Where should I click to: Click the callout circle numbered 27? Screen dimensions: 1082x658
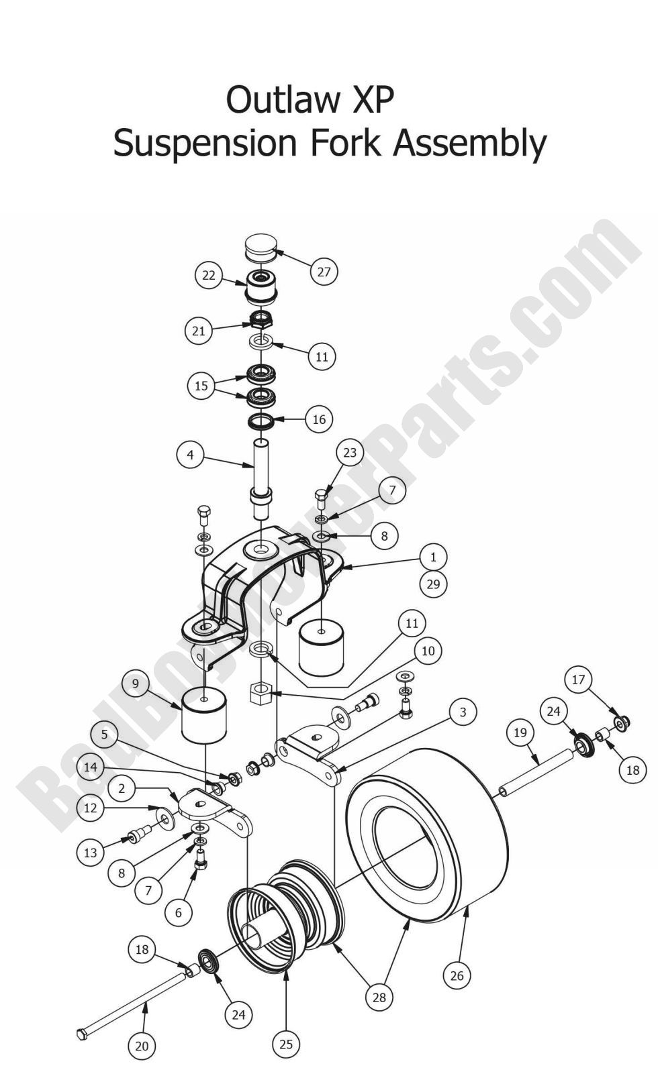tap(324, 272)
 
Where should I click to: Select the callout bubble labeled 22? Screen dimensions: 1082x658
tap(209, 275)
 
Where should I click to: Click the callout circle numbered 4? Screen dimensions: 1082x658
tap(190, 455)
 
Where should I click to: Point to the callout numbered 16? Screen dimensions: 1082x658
tap(319, 419)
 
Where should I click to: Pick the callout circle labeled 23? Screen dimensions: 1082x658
tap(350, 452)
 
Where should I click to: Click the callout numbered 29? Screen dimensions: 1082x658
tap(433, 584)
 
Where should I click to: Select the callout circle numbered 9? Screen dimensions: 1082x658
tap(136, 684)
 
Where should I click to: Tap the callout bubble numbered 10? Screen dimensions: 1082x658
tap(428, 650)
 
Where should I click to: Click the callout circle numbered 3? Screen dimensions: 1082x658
tap(463, 712)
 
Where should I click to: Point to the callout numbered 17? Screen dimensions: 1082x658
tap(578, 680)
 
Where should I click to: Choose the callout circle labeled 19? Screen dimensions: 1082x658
tap(520, 733)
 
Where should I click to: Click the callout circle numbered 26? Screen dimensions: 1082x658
tap(457, 975)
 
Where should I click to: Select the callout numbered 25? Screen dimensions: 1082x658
tap(286, 1044)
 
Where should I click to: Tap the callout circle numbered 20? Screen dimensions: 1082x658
tap(142, 1046)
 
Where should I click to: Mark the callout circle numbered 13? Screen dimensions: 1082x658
tap(90, 853)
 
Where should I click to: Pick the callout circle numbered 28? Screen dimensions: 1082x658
tap(379, 997)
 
